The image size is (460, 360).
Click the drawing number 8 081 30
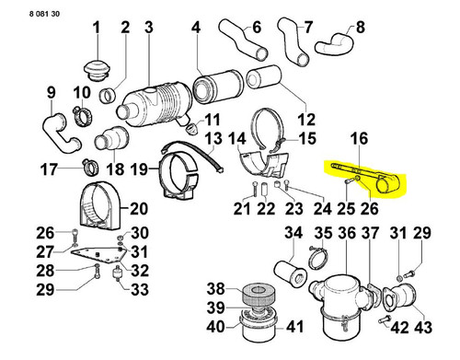click(x=44, y=14)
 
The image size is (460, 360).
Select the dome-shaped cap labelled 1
click(x=97, y=71)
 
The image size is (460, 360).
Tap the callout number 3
click(x=149, y=28)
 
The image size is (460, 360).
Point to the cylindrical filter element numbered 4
click(x=218, y=88)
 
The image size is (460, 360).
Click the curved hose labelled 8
click(x=334, y=44)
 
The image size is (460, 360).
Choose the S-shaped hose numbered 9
click(x=60, y=133)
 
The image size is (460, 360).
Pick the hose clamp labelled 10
click(x=83, y=117)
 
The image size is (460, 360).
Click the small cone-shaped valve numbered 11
click(x=192, y=128)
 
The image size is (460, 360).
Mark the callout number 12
click(x=306, y=120)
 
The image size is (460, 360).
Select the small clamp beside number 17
click(x=90, y=168)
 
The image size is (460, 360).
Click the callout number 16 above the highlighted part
click(x=359, y=138)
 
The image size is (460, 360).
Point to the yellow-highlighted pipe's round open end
click(x=385, y=186)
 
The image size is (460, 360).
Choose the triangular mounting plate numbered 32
click(x=98, y=256)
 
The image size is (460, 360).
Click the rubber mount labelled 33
click(x=116, y=274)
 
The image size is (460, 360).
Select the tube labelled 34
click(x=290, y=273)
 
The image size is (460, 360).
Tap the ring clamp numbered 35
click(x=318, y=258)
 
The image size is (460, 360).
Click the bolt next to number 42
click(x=385, y=319)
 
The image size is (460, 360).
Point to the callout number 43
click(x=423, y=327)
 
